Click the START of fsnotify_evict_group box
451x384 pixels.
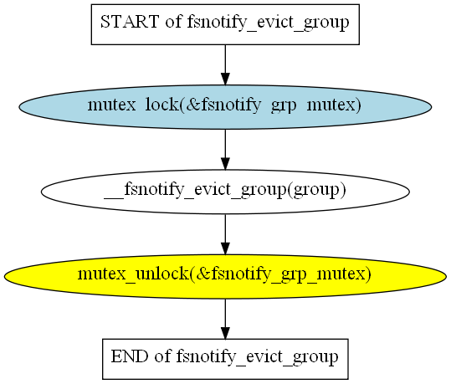[x=225, y=24]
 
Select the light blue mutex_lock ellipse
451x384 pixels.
[x=225, y=107]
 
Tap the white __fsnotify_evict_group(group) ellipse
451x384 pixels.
[x=225, y=192]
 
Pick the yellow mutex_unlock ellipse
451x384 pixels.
[x=225, y=276]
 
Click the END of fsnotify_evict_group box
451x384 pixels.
[x=225, y=359]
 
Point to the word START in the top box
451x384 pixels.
[x=130, y=22]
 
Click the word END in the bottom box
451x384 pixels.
[x=130, y=356]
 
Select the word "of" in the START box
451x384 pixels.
[x=173, y=22]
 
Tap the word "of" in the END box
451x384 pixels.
[x=162, y=356]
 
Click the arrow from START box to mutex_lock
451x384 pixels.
[x=225, y=65]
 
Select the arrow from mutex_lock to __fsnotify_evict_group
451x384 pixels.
[x=225, y=150]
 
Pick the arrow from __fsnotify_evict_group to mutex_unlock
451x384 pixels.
[x=225, y=234]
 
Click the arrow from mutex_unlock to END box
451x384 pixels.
[x=225, y=319]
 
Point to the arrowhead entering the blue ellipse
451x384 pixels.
[x=225, y=79]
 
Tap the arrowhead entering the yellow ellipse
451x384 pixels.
[x=225, y=248]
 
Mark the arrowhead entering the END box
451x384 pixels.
[x=225, y=333]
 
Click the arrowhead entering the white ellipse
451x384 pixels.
[x=225, y=164]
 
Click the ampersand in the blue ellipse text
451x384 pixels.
[x=192, y=105]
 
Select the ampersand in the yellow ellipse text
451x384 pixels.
[x=202, y=274]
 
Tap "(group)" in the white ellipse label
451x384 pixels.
[x=316, y=190]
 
